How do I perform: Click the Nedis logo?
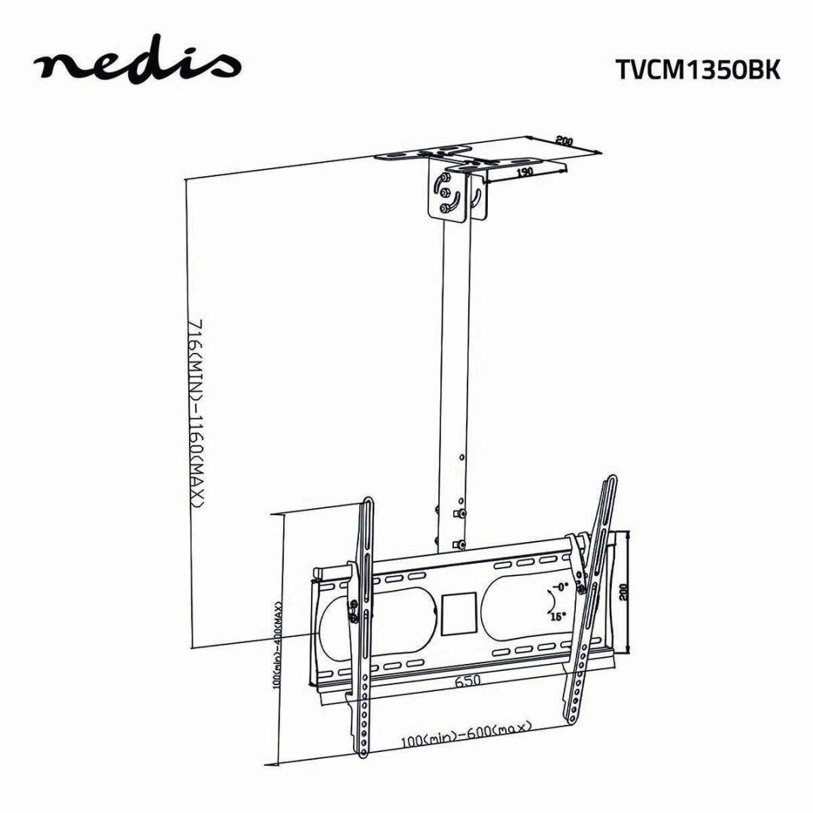(x=137, y=65)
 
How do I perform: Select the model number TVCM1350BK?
(x=697, y=69)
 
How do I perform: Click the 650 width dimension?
(x=466, y=681)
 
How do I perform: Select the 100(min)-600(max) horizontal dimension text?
(x=466, y=734)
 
